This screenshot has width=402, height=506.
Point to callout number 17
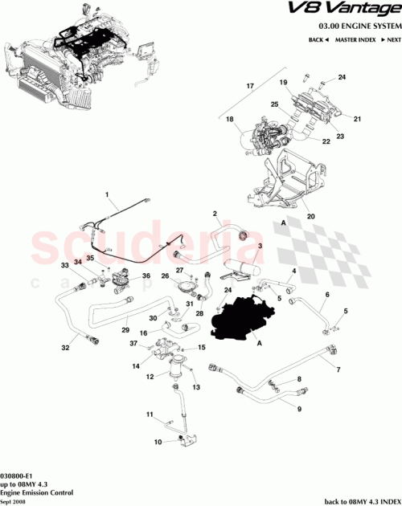click(249, 86)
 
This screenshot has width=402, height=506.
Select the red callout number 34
click(78, 262)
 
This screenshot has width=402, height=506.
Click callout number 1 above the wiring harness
click(108, 194)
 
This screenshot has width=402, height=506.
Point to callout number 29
click(125, 330)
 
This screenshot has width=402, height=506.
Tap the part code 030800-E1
click(17, 475)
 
